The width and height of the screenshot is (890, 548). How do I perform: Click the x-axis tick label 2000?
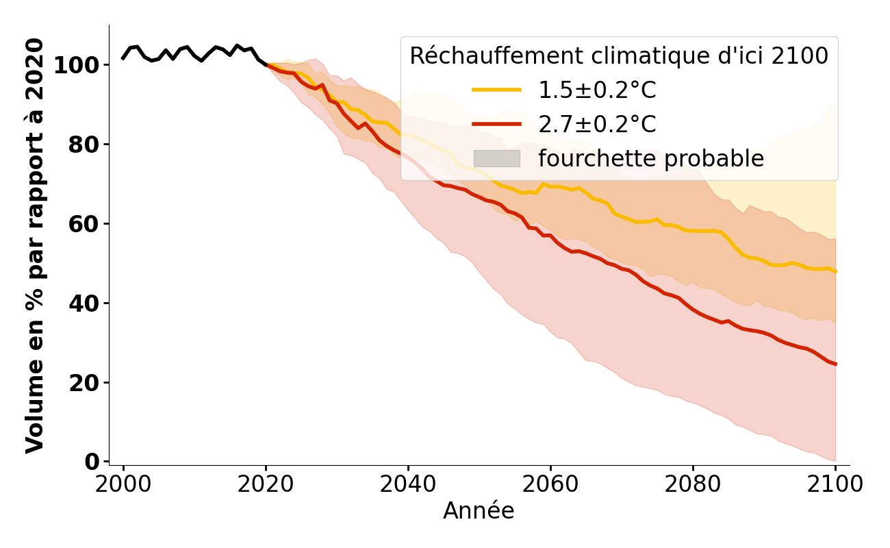(123, 484)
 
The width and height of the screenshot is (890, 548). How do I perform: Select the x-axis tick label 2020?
(266, 484)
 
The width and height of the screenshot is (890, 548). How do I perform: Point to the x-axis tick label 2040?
(408, 484)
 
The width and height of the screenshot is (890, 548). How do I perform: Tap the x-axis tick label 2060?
(550, 484)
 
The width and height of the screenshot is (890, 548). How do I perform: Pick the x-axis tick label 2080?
(693, 484)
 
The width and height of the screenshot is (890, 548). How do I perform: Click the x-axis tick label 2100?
(835, 484)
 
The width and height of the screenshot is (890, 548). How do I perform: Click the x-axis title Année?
(479, 511)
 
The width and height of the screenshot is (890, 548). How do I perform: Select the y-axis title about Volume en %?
(36, 245)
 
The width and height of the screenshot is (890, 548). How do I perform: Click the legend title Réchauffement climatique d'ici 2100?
(619, 56)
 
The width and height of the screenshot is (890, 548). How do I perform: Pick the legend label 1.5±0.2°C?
(597, 90)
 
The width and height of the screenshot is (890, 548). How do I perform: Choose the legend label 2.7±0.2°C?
(597, 125)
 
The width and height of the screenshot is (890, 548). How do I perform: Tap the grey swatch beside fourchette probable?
(497, 158)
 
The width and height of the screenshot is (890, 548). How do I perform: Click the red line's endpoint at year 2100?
(835, 364)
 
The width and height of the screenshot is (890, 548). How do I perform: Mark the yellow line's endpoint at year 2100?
(835, 271)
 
